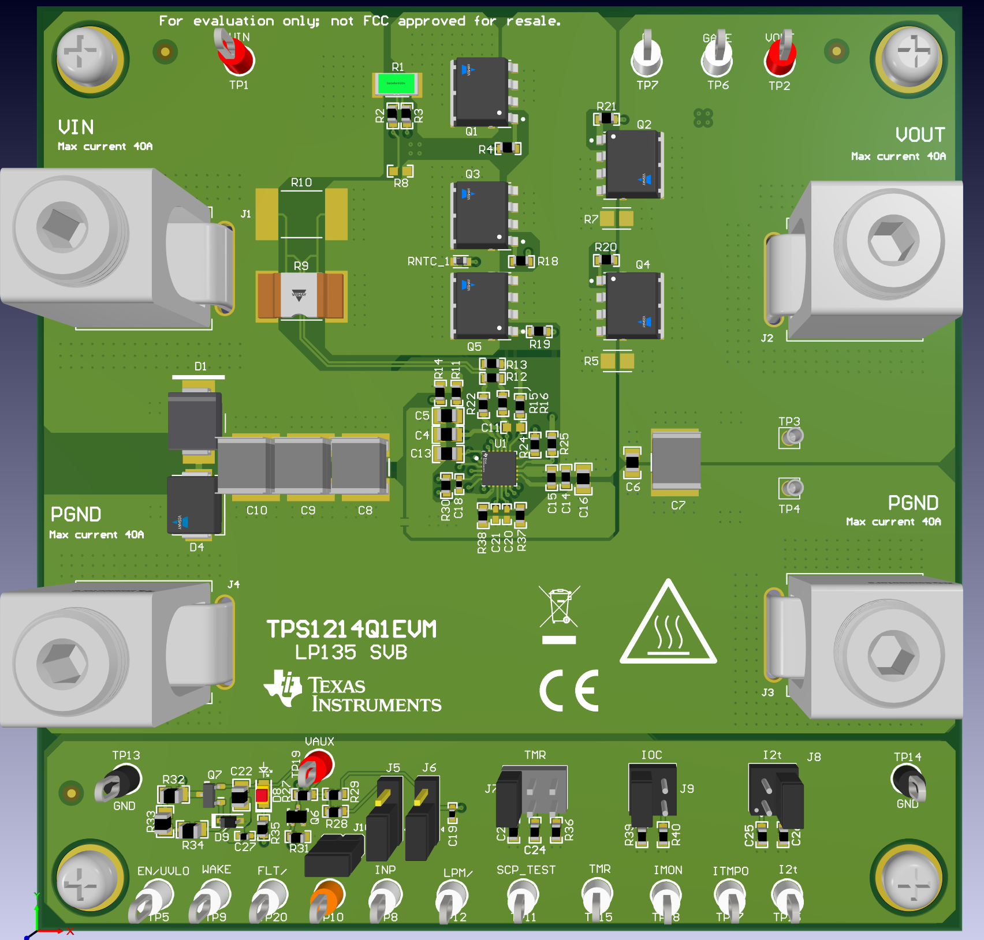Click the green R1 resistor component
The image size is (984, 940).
click(x=396, y=84)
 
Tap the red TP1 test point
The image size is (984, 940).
click(x=238, y=58)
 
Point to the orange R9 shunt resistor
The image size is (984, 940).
click(x=300, y=295)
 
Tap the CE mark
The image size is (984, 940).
click(x=569, y=691)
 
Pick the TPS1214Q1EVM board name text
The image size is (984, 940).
click(x=351, y=630)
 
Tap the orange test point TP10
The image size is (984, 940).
click(x=327, y=896)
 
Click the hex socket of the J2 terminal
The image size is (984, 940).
click(x=892, y=242)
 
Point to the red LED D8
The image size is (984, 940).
click(x=262, y=796)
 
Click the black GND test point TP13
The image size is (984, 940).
click(x=122, y=780)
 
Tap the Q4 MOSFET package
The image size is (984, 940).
click(x=632, y=305)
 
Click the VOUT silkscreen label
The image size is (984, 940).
click(x=920, y=135)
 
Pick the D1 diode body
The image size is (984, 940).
click(x=195, y=421)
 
